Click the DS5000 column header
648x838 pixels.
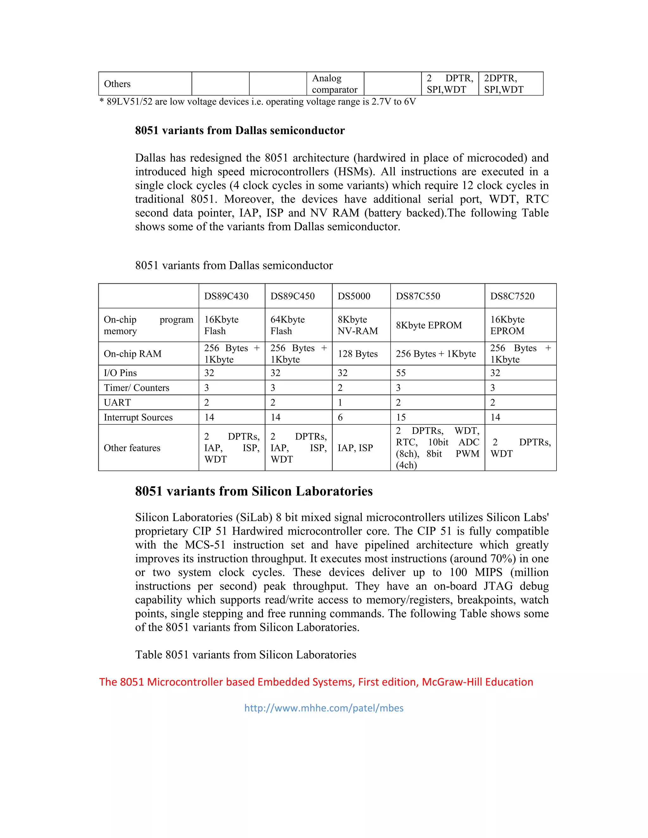click(x=353, y=296)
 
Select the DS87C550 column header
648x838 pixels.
click(x=418, y=296)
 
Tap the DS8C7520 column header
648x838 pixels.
click(x=512, y=296)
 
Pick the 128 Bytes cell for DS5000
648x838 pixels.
click(x=358, y=354)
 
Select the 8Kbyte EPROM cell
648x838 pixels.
click(x=428, y=325)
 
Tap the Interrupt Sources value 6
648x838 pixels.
click(x=340, y=417)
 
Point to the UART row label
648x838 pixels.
click(x=117, y=403)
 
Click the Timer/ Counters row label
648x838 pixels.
click(x=136, y=388)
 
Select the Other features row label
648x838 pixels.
click(x=132, y=448)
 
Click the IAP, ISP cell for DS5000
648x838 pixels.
click(x=355, y=448)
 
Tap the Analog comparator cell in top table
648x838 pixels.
click(x=334, y=84)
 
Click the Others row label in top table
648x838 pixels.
click(x=117, y=84)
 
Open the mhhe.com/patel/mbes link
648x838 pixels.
click(x=324, y=708)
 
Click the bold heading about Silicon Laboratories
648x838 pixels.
click(x=254, y=491)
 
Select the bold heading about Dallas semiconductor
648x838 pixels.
click(x=240, y=131)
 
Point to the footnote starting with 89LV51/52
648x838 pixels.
click(x=258, y=102)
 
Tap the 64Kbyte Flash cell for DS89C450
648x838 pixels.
click(x=287, y=325)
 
